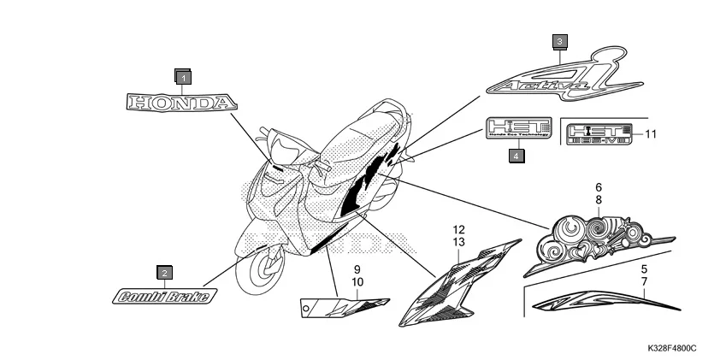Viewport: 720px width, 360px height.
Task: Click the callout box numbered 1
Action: [182, 77]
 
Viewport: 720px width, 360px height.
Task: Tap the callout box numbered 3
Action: [558, 41]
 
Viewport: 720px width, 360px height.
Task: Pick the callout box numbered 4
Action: [516, 155]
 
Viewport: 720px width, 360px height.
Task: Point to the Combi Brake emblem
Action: [164, 297]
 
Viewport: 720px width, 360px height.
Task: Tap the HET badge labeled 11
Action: [599, 133]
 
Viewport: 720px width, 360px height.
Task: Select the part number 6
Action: [599, 186]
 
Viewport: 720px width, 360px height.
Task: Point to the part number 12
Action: [459, 230]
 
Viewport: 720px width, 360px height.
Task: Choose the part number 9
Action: [357, 269]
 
